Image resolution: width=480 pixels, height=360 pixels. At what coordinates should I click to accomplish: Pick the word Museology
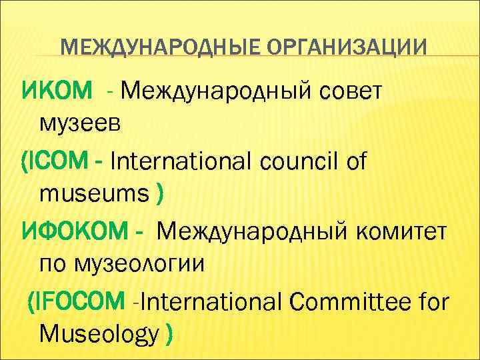[100, 333]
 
